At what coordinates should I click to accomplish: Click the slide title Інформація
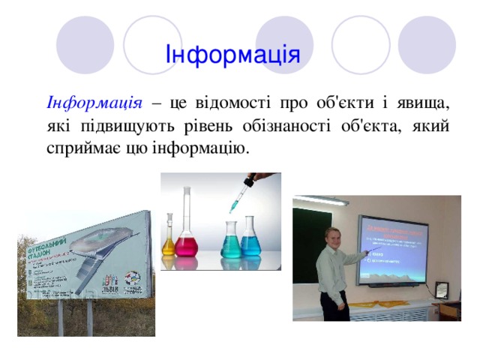(x=232, y=55)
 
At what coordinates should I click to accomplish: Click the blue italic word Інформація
(x=94, y=100)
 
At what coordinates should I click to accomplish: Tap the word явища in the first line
(x=425, y=100)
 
